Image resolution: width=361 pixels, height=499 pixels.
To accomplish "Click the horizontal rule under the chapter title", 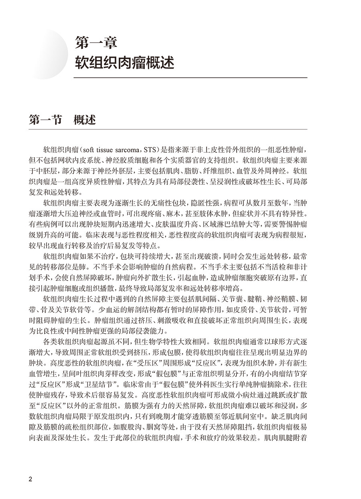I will click(191, 77).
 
